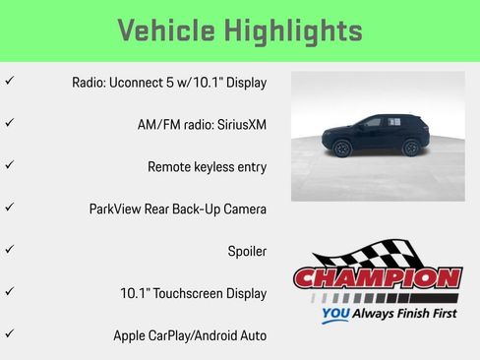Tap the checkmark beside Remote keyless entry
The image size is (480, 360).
tap(10, 165)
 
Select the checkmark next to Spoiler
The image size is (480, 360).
tap(10, 250)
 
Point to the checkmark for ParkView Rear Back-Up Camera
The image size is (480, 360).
tap(10, 208)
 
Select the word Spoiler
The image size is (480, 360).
tap(247, 251)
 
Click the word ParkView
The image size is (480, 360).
tap(116, 209)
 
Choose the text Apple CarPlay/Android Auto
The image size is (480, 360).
tap(189, 335)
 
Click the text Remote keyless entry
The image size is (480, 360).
tap(207, 166)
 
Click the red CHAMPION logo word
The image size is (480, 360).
tap(377, 278)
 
